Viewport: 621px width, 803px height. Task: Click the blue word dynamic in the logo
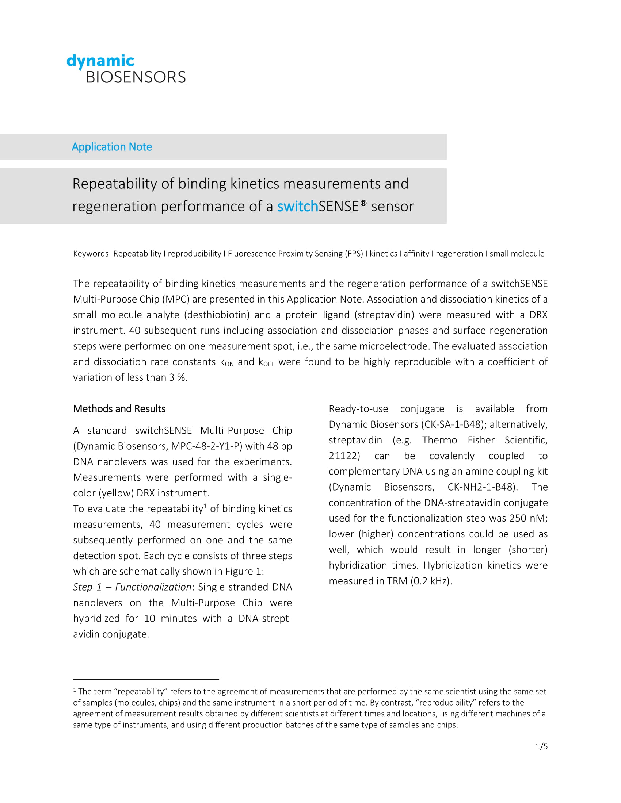tap(100, 61)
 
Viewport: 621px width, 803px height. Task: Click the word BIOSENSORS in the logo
tap(136, 77)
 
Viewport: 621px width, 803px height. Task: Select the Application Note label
tap(112, 147)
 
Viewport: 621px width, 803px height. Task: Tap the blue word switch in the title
tap(297, 207)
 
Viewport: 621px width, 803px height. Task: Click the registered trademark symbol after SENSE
tap(363, 203)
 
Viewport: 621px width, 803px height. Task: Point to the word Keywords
tap(92, 254)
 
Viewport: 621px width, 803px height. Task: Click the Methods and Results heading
tap(119, 409)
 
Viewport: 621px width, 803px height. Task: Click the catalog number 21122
tap(344, 456)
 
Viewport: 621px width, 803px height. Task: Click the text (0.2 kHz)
tap(431, 581)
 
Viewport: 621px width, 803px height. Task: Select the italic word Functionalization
tap(153, 587)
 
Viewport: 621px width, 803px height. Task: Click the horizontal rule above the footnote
tap(146, 680)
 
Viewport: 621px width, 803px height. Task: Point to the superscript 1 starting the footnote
tap(75, 690)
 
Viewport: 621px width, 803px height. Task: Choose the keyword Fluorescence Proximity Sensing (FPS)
tap(295, 254)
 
